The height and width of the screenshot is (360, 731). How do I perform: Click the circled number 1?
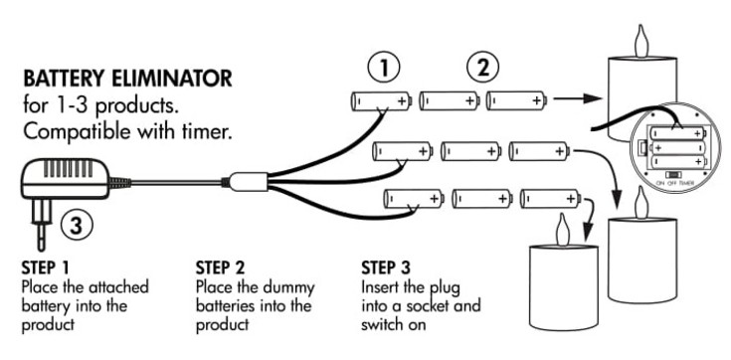tap(384, 69)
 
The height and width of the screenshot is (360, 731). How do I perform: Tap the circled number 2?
tap(483, 69)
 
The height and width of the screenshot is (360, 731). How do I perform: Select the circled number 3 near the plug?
tap(77, 227)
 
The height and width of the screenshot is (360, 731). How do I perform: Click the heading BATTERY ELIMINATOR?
tap(127, 79)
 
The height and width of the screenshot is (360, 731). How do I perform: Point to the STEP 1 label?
tap(45, 268)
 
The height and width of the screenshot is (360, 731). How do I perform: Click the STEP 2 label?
tap(220, 268)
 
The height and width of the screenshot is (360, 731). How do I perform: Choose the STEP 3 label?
tap(386, 268)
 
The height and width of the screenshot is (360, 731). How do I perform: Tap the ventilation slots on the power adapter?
tap(68, 168)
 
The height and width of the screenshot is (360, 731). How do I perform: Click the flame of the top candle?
tap(641, 41)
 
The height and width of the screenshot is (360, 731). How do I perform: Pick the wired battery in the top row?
tap(381, 100)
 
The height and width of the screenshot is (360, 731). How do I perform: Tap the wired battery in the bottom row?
tap(414, 199)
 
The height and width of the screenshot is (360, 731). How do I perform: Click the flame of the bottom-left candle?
tap(563, 230)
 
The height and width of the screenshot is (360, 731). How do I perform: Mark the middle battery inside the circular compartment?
tap(676, 148)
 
